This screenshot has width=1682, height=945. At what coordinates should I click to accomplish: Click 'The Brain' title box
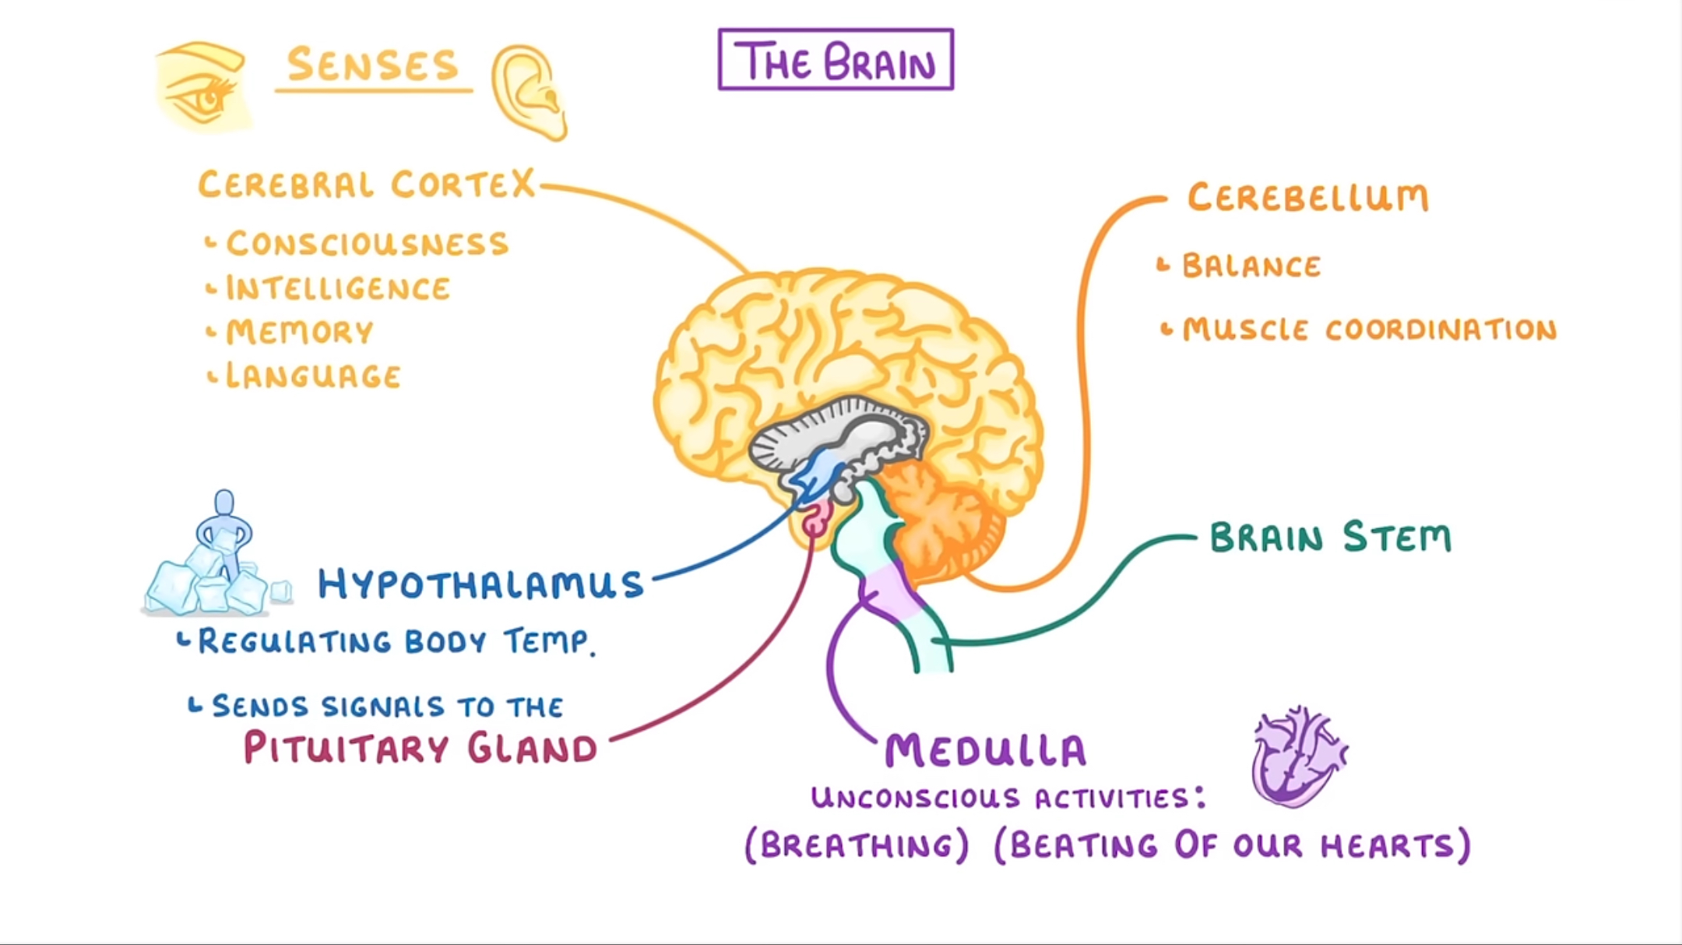pyautogui.click(x=836, y=60)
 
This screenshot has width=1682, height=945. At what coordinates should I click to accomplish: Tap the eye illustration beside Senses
pyautogui.click(x=202, y=87)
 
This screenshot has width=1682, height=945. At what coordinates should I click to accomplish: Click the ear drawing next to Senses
pyautogui.click(x=529, y=92)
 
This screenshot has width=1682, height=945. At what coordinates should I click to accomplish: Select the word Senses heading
pyautogui.click(x=372, y=65)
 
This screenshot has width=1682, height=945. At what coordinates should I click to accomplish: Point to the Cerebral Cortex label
pyautogui.click(x=367, y=185)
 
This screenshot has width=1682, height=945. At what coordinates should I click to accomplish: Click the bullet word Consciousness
pyautogui.click(x=367, y=244)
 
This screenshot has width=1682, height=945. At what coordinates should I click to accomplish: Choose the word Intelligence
pyautogui.click(x=338, y=288)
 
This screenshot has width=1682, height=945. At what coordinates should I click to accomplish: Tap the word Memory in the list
pyautogui.click(x=300, y=333)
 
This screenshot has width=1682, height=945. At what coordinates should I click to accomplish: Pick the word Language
pyautogui.click(x=313, y=376)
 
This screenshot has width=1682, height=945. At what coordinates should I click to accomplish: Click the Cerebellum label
pyautogui.click(x=1307, y=198)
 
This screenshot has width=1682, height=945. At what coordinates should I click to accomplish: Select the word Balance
pyautogui.click(x=1251, y=266)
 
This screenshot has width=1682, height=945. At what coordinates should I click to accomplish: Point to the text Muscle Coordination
pyautogui.click(x=1369, y=330)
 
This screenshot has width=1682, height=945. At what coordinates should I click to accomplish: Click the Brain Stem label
pyautogui.click(x=1330, y=538)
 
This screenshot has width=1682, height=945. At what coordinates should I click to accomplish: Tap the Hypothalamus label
pyautogui.click(x=480, y=584)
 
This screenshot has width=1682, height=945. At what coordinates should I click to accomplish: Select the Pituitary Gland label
pyautogui.click(x=420, y=749)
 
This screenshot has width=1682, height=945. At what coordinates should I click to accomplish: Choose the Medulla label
pyautogui.click(x=985, y=750)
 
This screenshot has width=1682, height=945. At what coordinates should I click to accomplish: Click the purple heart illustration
pyautogui.click(x=1297, y=756)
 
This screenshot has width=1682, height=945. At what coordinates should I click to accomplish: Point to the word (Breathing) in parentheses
pyautogui.click(x=857, y=846)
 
